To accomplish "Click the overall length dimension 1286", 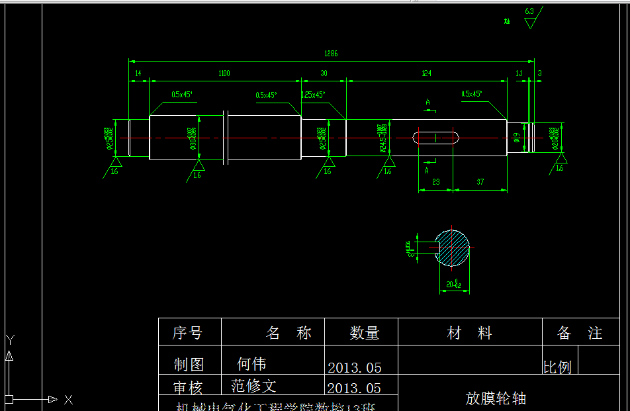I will tap(331, 54).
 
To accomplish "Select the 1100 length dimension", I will tap(224, 73).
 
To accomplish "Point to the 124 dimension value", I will tap(427, 73).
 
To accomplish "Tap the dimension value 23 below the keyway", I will tap(435, 181).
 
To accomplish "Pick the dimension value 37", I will tap(480, 181).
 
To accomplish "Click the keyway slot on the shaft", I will tap(436, 138).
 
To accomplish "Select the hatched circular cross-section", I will tap(452, 248).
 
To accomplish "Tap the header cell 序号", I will tap(187, 333).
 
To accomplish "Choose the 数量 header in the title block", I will tap(364, 333).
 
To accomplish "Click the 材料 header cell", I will tap(469, 333).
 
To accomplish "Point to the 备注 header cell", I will tap(580, 333).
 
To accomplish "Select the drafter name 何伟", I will tap(251, 364).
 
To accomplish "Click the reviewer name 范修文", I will tap(253, 386).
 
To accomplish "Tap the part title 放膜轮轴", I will tap(496, 398).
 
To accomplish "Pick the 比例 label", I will tap(557, 367).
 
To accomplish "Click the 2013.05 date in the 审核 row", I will tap(354, 388).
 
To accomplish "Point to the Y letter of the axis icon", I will tap(9, 340).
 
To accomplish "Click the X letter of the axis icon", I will tap(68, 399).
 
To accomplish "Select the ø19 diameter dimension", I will tap(516, 138).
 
